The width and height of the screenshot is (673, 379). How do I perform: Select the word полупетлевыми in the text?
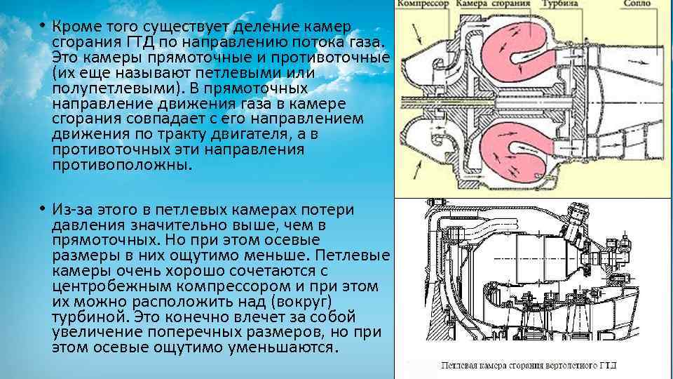pos(108,88)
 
